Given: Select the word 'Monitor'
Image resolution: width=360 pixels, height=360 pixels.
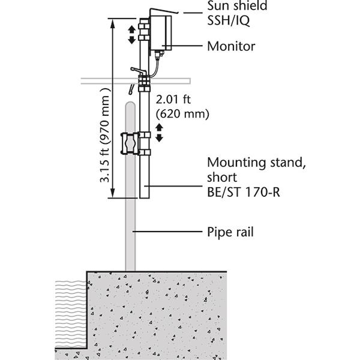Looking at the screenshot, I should (x=231, y=46).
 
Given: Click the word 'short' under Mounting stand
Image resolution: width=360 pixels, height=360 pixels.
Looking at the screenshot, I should (x=222, y=178).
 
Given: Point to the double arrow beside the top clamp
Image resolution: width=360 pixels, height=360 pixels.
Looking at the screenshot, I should (x=133, y=34).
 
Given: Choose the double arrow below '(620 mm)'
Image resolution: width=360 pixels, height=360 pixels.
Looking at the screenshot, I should (x=160, y=133).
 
